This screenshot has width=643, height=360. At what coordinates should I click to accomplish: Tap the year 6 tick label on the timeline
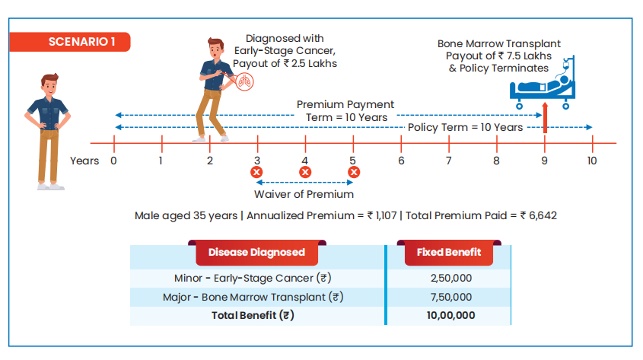401,161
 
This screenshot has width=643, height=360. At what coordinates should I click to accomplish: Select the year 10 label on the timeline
592,161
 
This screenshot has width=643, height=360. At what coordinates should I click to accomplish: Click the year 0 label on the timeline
113,161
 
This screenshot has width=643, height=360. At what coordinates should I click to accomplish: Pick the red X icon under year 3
257,172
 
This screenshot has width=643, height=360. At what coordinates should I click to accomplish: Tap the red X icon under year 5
353,172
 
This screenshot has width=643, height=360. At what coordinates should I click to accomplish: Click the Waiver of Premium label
304,195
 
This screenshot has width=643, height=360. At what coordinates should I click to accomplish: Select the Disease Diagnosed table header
256,252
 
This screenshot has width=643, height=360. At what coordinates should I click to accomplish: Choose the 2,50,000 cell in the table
450,278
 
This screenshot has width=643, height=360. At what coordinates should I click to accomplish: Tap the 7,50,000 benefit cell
450,297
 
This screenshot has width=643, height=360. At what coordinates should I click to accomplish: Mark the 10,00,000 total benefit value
450,315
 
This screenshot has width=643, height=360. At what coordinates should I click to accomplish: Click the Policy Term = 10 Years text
465,127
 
